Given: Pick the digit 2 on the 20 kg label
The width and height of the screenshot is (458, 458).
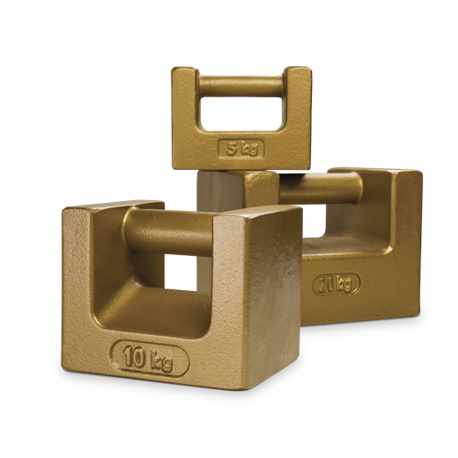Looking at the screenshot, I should click(x=322, y=284).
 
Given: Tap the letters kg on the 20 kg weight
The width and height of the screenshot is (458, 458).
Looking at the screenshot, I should click(x=344, y=283).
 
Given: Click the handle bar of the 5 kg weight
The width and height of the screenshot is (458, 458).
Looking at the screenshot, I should click(x=240, y=85).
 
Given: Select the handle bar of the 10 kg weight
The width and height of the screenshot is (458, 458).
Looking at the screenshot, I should click(x=174, y=229).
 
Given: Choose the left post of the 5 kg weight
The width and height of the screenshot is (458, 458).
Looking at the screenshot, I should click(x=184, y=110).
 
